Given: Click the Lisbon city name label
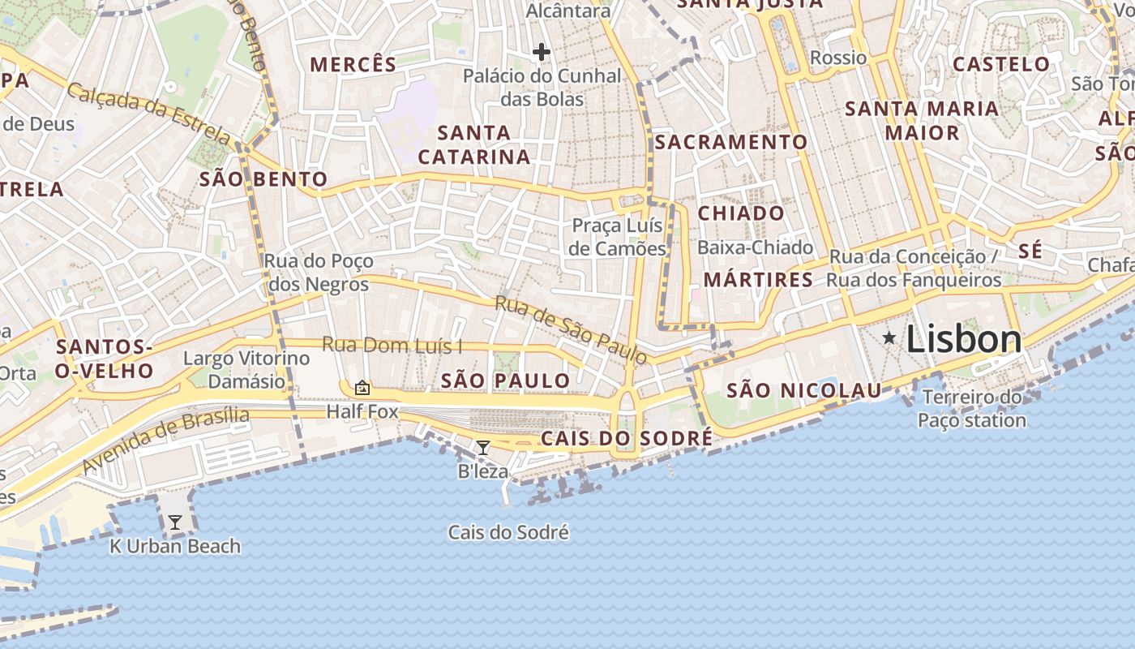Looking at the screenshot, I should [x=963, y=339].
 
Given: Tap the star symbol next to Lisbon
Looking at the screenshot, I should [x=889, y=337].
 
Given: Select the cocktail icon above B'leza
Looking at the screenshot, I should [x=483, y=447].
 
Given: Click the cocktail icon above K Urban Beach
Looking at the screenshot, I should [x=175, y=522].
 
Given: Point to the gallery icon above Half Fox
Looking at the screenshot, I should [x=362, y=389].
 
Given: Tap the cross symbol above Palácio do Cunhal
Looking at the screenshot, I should [x=542, y=53].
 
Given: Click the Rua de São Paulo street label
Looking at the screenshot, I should [x=571, y=329].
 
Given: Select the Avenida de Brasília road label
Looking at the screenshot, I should [x=165, y=441].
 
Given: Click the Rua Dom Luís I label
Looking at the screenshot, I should [x=392, y=346].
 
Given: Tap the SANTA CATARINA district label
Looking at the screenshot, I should [x=474, y=144].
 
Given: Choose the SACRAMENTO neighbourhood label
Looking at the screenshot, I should [x=731, y=142].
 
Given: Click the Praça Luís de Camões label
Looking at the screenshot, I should [x=618, y=237].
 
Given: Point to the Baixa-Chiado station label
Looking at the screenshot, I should [x=755, y=247].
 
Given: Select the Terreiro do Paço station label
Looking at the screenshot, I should [x=972, y=409].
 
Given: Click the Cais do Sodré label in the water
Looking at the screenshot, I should [x=508, y=533].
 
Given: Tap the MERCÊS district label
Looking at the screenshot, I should [x=353, y=65].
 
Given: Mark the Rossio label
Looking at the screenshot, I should [x=838, y=58].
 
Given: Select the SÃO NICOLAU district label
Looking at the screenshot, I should [x=803, y=391].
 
